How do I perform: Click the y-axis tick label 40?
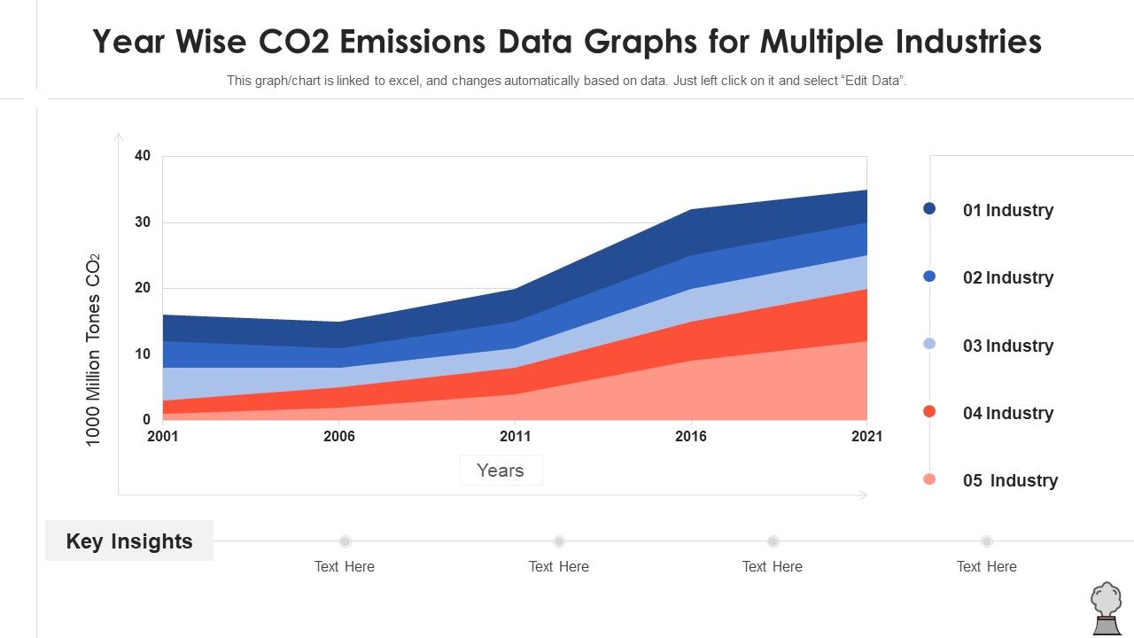pos(143,156)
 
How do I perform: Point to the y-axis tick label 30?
pos(143,222)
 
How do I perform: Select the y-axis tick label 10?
pos(143,354)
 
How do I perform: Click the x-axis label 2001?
pos(163,436)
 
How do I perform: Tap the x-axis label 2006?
pos(339,436)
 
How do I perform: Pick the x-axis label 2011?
pos(515,436)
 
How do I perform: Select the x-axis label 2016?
pos(691,436)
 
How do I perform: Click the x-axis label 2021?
pos(866,436)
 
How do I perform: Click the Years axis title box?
pos(501,471)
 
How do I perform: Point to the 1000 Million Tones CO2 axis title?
pos(93,350)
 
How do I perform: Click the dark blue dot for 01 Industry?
pos(929,208)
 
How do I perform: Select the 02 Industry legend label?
pos(1008,278)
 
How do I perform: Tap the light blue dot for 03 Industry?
pos(929,344)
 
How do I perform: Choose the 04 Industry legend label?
pos(1008,414)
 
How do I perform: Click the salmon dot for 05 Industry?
pos(929,479)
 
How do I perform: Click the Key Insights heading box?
pos(129,541)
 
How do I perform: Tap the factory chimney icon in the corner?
pos(1106,609)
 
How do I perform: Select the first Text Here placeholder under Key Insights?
pos(345,567)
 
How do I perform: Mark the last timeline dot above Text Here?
pos(986,541)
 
